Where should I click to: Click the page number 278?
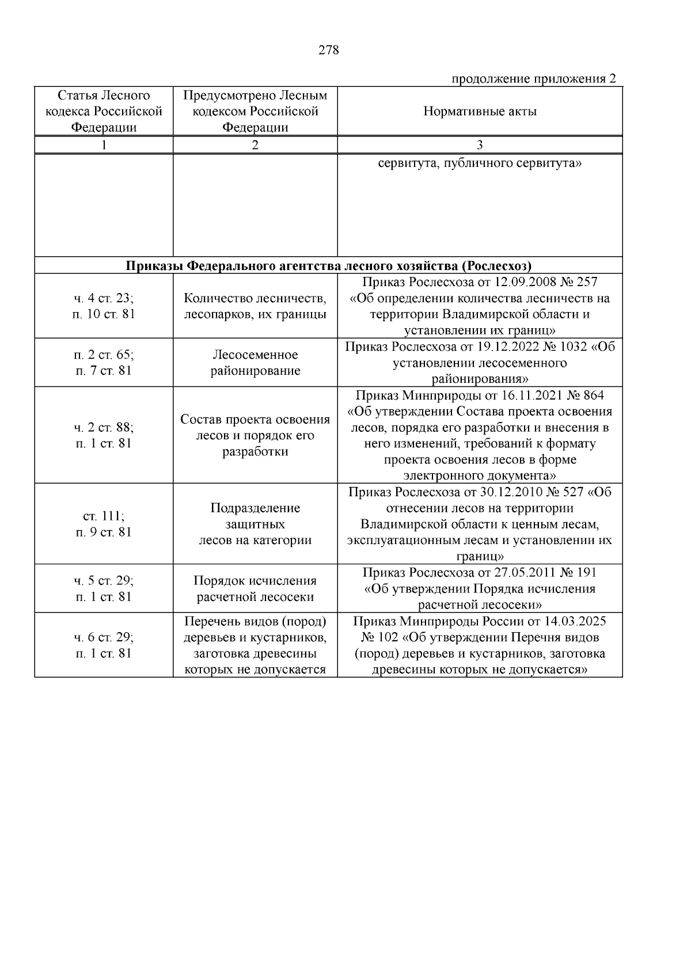pos(329,50)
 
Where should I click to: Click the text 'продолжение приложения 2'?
pos(533,79)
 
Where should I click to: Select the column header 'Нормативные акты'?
pos(480,112)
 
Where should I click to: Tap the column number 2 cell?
pos(255,145)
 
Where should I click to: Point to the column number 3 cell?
pos(480,145)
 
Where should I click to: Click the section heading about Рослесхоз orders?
pos(328,266)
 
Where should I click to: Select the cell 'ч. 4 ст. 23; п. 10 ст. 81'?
pos(104,306)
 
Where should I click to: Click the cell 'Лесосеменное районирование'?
pos(255,363)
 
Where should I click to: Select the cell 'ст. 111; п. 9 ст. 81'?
pos(104,524)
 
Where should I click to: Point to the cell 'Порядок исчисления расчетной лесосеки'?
pos(255,589)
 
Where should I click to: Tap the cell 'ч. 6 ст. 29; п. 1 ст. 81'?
pos(104,645)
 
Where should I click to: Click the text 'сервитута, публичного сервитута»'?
pos(480,164)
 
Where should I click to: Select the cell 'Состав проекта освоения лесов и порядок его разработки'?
pos(255,435)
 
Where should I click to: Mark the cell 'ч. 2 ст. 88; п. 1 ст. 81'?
pos(104,435)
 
